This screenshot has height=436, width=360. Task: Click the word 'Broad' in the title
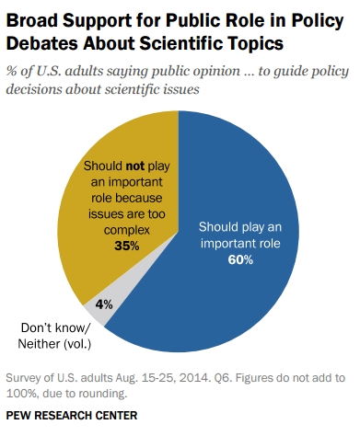34,17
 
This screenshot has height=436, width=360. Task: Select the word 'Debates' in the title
44,41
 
